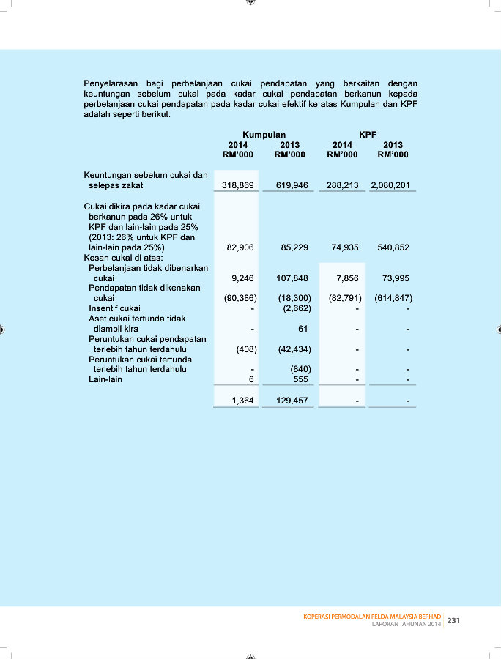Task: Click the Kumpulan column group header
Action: tap(264, 135)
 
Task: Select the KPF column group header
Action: tap(368, 135)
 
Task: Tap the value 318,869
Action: tap(238, 186)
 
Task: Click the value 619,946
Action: tap(291, 186)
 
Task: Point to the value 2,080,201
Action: tap(390, 186)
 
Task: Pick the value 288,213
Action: tap(342, 186)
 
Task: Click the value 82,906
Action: tap(240, 247)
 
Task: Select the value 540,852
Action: tap(393, 247)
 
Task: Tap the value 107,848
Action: tap(293, 278)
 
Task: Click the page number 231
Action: tap(453, 620)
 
